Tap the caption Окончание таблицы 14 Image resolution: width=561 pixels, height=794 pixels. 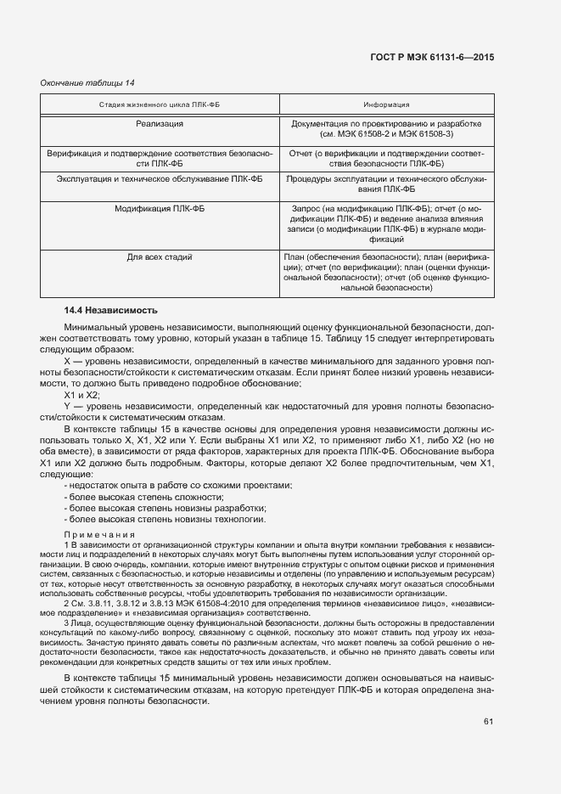(88, 82)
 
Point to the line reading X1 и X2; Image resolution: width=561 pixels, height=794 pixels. (82, 395)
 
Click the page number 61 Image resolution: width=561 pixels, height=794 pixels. (488, 722)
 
